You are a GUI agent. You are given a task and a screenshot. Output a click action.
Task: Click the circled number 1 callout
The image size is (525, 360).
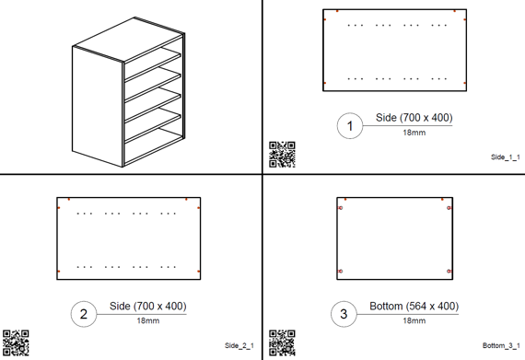(350, 126)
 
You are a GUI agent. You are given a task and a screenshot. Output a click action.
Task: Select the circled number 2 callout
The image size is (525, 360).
(84, 314)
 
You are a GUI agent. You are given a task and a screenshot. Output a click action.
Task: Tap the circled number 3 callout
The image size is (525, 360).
(344, 314)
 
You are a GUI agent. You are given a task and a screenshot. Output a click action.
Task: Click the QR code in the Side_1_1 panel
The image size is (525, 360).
(282, 155)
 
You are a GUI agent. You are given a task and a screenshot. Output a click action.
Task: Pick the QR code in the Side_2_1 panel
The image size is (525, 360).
(16, 343)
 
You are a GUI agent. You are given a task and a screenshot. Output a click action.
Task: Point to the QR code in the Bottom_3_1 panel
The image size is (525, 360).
(282, 343)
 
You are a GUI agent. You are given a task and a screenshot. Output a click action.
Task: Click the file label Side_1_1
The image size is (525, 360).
(506, 157)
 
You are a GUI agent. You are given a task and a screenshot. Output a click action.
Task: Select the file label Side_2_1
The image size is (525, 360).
(239, 345)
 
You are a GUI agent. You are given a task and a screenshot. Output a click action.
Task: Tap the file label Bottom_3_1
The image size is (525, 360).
(501, 345)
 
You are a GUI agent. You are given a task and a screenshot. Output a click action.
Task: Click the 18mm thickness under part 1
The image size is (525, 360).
(414, 133)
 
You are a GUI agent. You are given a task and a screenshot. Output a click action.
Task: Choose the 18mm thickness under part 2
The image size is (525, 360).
(148, 320)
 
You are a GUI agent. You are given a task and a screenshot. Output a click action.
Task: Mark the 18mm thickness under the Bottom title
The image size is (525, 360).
(414, 320)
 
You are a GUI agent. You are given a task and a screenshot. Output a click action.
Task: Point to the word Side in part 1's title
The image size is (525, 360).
(386, 118)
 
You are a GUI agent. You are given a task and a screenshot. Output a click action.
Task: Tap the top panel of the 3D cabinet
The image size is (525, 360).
(129, 40)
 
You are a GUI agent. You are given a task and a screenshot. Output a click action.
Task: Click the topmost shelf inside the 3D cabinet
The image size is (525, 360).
(153, 64)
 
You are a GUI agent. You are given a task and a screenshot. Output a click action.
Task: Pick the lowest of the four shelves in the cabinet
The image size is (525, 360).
(153, 125)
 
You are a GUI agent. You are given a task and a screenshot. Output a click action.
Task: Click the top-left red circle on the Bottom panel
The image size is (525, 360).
(341, 208)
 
